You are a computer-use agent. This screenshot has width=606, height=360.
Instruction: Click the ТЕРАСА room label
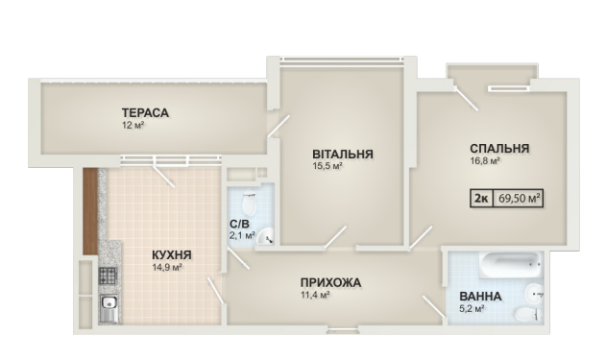[x=145, y=112]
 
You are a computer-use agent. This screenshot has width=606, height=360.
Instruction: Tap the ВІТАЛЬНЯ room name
[x=343, y=155]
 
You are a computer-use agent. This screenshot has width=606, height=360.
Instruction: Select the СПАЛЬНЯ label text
[x=499, y=149]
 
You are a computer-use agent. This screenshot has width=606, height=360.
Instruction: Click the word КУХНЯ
[x=172, y=255]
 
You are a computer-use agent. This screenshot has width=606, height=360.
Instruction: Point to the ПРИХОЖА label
[x=330, y=283]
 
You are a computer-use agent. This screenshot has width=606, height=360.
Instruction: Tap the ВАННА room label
[x=480, y=297]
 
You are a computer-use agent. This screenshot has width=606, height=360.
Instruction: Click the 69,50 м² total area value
[x=519, y=199]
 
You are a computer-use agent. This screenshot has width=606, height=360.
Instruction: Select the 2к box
[x=481, y=199]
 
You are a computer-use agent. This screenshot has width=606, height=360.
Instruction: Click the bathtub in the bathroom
[x=511, y=265]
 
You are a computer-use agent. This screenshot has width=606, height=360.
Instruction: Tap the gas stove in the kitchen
[x=108, y=276]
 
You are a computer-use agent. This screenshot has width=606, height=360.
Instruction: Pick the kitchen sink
[x=109, y=308]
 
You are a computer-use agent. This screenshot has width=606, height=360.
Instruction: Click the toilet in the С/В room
[x=250, y=203]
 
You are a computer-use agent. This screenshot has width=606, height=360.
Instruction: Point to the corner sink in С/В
[x=265, y=236]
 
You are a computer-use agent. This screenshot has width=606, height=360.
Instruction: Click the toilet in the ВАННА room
[x=528, y=314]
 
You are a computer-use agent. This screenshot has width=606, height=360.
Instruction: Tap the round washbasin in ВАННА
[x=534, y=293]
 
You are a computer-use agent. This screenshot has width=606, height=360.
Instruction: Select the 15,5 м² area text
[x=327, y=166]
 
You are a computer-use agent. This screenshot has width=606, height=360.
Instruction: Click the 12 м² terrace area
[x=133, y=125]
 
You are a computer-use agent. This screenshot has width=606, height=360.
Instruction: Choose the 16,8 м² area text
[x=485, y=160]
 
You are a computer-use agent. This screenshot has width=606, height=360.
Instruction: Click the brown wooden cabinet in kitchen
[x=90, y=211]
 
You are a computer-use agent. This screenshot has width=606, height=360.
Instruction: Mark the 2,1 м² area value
[x=242, y=235]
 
